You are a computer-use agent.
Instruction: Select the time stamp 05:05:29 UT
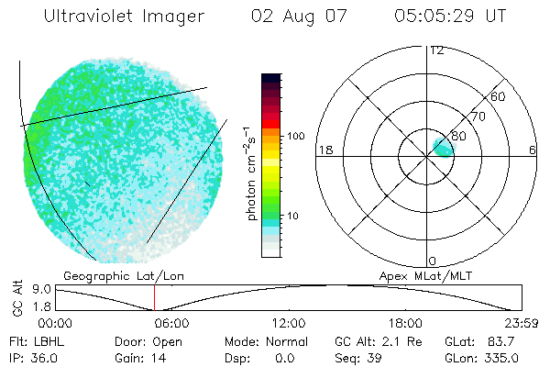448,16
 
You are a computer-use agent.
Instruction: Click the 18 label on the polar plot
324,150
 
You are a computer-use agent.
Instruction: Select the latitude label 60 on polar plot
499,96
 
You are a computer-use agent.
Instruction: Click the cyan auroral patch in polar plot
442,145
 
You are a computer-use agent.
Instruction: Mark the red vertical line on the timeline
154,297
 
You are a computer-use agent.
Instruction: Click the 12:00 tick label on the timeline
289,323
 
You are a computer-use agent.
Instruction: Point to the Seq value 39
376,356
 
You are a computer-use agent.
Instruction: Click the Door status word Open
168,340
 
